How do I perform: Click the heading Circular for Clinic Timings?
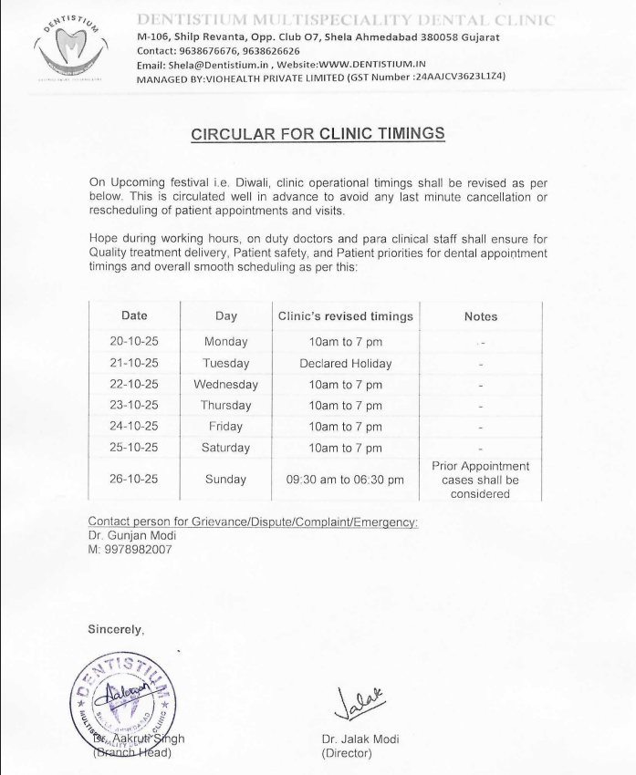tap(318, 134)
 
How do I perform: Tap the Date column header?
tap(134, 315)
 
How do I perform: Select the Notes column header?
tap(480, 316)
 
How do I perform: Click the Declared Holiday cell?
tap(345, 363)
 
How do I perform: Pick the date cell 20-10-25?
tap(134, 342)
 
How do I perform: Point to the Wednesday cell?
tap(225, 384)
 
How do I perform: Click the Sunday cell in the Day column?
tap(225, 479)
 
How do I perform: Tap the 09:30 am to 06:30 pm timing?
tap(345, 479)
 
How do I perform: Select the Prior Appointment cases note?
tap(480, 480)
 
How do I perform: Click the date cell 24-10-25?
tap(134, 426)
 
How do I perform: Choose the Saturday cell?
tap(225, 448)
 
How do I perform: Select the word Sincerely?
tap(115, 628)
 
